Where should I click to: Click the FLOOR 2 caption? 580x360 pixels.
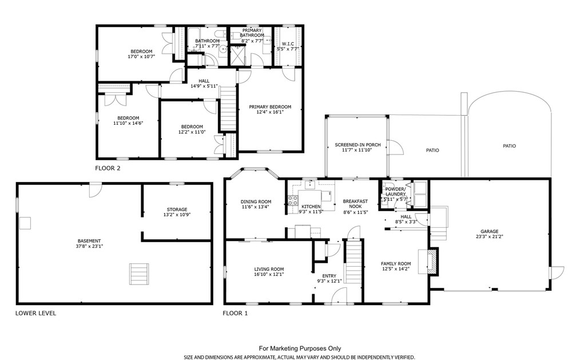click(108, 168)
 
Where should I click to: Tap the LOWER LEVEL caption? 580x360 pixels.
click(36, 313)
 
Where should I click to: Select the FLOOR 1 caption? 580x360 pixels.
click(235, 314)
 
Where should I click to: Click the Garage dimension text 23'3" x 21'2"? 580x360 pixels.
click(490, 236)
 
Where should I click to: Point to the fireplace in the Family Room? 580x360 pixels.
click(432, 262)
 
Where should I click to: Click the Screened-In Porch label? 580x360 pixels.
click(357, 145)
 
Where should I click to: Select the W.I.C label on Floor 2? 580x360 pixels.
click(288, 43)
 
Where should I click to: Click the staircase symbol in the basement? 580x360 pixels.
click(140, 274)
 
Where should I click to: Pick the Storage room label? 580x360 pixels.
click(177, 209)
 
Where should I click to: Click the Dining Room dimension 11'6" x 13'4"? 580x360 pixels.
click(256, 207)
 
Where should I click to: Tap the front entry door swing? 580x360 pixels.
click(338, 296)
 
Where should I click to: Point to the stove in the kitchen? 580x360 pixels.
click(293, 200)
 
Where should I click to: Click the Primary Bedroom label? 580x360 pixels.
click(270, 107)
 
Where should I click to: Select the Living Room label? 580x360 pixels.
click(269, 270)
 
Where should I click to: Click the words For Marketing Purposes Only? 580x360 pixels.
click(300, 348)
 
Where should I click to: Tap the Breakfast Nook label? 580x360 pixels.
click(355, 204)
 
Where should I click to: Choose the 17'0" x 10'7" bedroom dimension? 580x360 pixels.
click(141, 57)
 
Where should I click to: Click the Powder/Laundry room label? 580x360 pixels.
click(395, 192)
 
